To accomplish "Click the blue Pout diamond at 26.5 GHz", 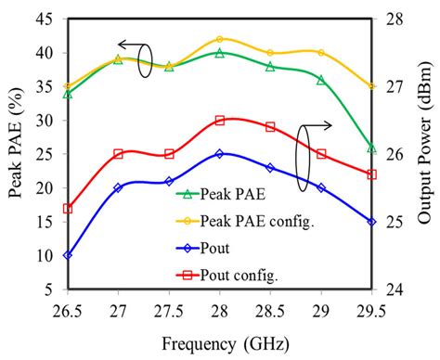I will coord(68,255).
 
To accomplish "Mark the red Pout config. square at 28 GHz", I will coord(220,121).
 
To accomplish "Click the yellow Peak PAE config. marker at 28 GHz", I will coord(220,39).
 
